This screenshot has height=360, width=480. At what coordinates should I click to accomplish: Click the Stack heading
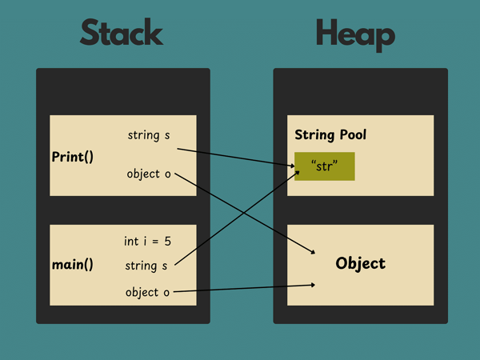tap(121, 34)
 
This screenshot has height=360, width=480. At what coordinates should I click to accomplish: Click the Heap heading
tap(354, 34)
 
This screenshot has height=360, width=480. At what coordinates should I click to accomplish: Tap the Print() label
tap(73, 156)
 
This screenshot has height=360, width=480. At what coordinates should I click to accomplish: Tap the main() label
tap(73, 265)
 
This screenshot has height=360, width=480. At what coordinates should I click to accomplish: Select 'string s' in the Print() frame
tap(149, 135)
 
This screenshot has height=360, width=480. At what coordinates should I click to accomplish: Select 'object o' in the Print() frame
tap(149, 174)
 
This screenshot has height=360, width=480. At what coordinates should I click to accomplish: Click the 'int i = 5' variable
tap(147, 241)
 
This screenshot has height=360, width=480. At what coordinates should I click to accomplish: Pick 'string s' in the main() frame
tap(146, 266)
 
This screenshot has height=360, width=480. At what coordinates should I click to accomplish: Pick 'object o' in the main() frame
tap(147, 292)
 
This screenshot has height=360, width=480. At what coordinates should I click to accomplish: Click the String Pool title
tap(330, 134)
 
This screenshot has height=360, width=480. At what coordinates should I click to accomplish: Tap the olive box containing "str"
tap(324, 166)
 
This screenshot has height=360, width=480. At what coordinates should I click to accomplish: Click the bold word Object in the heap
tap(360, 263)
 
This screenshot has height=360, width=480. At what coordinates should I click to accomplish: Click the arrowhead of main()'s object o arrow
tap(312, 285)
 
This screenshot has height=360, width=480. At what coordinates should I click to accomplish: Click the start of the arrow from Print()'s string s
tap(178, 149)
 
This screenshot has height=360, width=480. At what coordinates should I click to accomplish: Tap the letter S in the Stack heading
tap(89, 34)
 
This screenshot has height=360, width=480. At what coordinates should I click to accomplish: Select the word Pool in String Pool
tap(350, 134)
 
